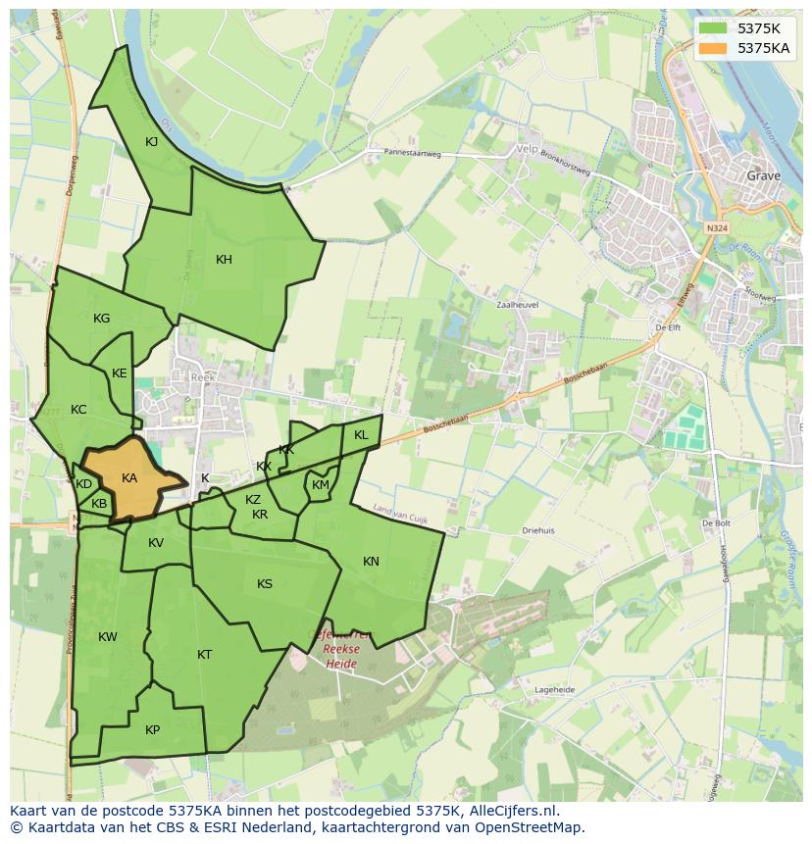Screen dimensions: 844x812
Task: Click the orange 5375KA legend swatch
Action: [713, 48]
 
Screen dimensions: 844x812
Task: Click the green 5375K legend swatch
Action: [713, 28]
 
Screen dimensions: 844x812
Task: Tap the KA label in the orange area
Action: [129, 478]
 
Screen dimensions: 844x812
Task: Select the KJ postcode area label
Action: [152, 142]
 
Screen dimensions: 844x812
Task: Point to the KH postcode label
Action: [224, 260]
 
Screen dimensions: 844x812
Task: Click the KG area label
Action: [101, 319]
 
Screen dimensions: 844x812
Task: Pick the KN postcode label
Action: [371, 562]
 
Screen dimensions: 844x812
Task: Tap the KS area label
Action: [265, 584]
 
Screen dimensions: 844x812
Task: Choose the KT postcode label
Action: [204, 655]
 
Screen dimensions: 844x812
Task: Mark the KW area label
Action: [108, 637]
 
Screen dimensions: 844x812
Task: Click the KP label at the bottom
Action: [152, 730]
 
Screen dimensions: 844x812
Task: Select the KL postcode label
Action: [361, 435]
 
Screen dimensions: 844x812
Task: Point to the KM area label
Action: [321, 485]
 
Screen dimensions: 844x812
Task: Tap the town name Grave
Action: [764, 176]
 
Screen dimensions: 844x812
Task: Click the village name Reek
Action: [203, 376]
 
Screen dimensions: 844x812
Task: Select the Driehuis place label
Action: [538, 530]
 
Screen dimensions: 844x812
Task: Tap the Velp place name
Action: [527, 151]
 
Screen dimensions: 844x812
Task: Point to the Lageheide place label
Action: [554, 690]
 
